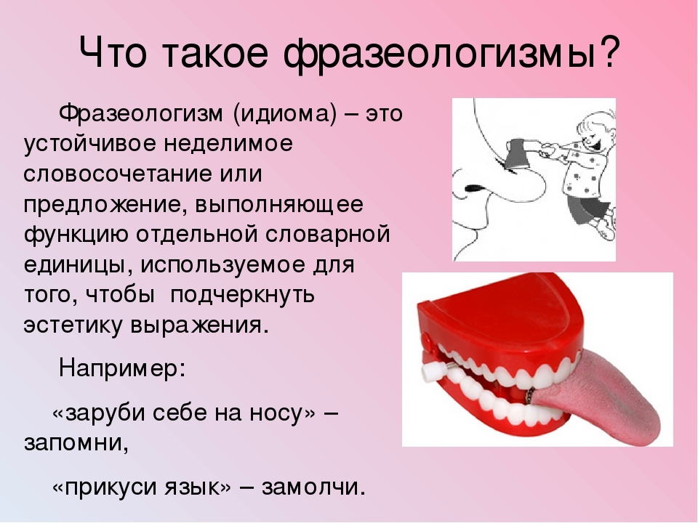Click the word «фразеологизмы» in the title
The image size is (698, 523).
pyautogui.click(x=440, y=53)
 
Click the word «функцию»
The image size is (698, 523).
pyautogui.click(x=76, y=235)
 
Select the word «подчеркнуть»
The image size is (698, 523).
pyautogui.click(x=243, y=296)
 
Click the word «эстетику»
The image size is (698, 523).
pyautogui.click(x=73, y=325)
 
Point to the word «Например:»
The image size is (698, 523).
pyautogui.click(x=121, y=369)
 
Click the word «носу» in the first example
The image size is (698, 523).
pyautogui.click(x=282, y=413)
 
